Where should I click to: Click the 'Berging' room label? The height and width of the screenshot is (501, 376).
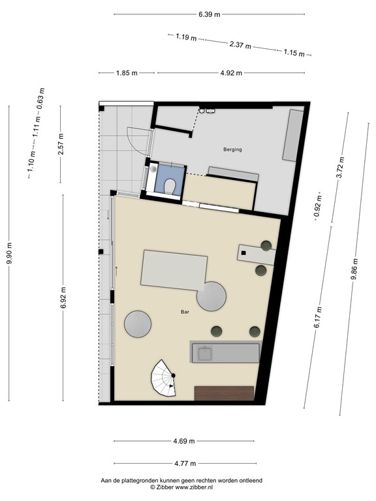pyautogui.click(x=232, y=149)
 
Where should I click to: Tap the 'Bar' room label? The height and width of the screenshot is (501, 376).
pyautogui.click(x=185, y=312)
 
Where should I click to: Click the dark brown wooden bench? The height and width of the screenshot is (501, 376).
pyautogui.click(x=224, y=393)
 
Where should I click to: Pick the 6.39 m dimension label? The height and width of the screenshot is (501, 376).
pyautogui.click(x=209, y=14)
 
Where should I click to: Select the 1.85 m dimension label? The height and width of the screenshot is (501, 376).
pyautogui.click(x=127, y=73)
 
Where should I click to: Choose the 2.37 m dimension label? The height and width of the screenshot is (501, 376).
pyautogui.click(x=240, y=44)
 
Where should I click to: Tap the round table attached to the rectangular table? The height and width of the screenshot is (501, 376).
pyautogui.click(x=211, y=296)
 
